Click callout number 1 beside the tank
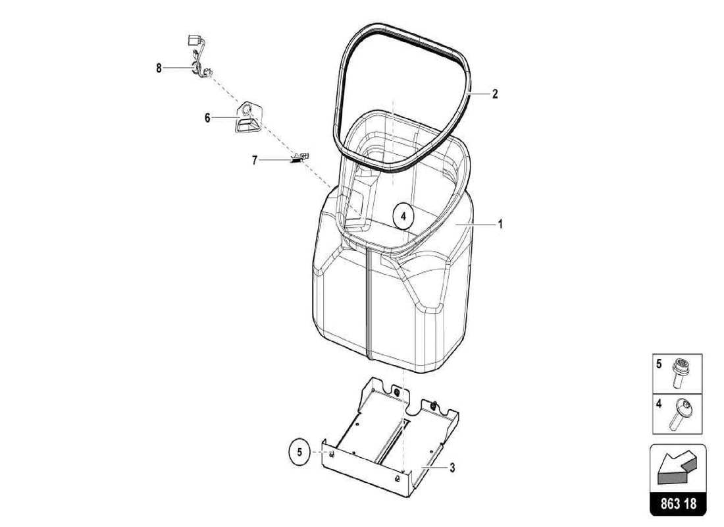(500, 225)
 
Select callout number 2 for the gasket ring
(495, 94)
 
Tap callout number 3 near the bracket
(452, 468)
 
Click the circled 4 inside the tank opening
(403, 215)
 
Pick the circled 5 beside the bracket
(299, 453)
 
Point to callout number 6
(207, 118)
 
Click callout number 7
(254, 159)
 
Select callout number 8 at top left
(159, 68)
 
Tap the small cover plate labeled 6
(247, 119)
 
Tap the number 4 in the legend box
(659, 404)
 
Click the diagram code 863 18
(678, 504)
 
